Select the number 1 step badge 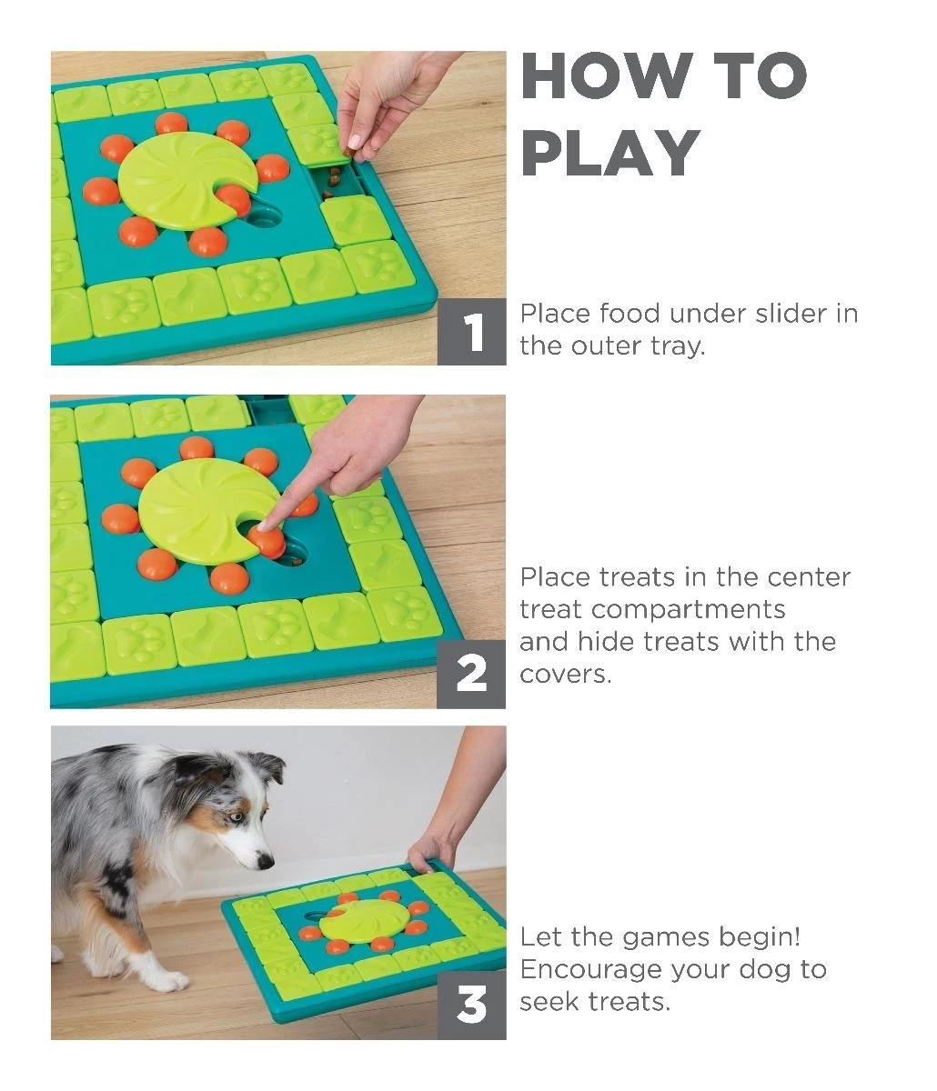(472, 333)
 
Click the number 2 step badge (471, 674)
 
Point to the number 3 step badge (471, 1006)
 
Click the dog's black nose (265, 858)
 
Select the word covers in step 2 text (564, 675)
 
